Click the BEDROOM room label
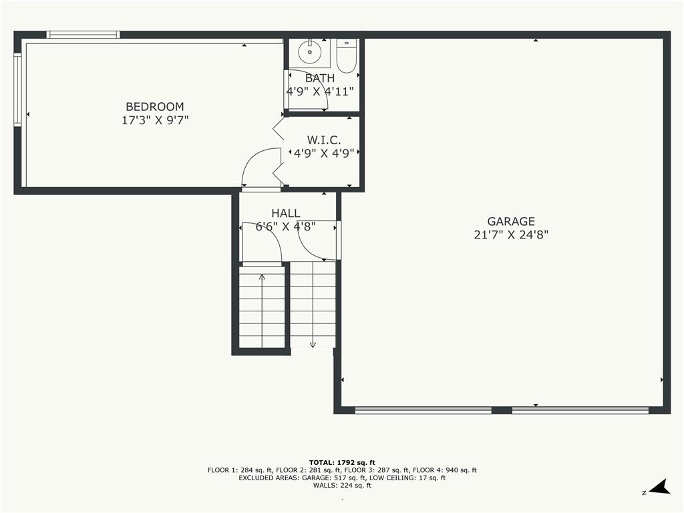(154, 106)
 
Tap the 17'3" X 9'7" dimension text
(155, 120)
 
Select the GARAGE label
(511, 221)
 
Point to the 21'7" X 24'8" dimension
(511, 234)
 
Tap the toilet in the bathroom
(347, 56)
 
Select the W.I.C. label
(324, 140)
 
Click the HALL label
(286, 213)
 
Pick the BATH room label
(320, 79)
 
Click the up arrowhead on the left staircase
(262, 277)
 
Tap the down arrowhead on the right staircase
(313, 345)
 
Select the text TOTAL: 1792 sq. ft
(342, 462)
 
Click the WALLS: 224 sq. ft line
(342, 485)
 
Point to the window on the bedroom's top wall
(83, 35)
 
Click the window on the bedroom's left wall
(17, 90)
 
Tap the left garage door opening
(423, 410)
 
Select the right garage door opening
(580, 410)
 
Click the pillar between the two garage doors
(502, 410)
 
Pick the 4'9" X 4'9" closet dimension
(324, 154)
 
